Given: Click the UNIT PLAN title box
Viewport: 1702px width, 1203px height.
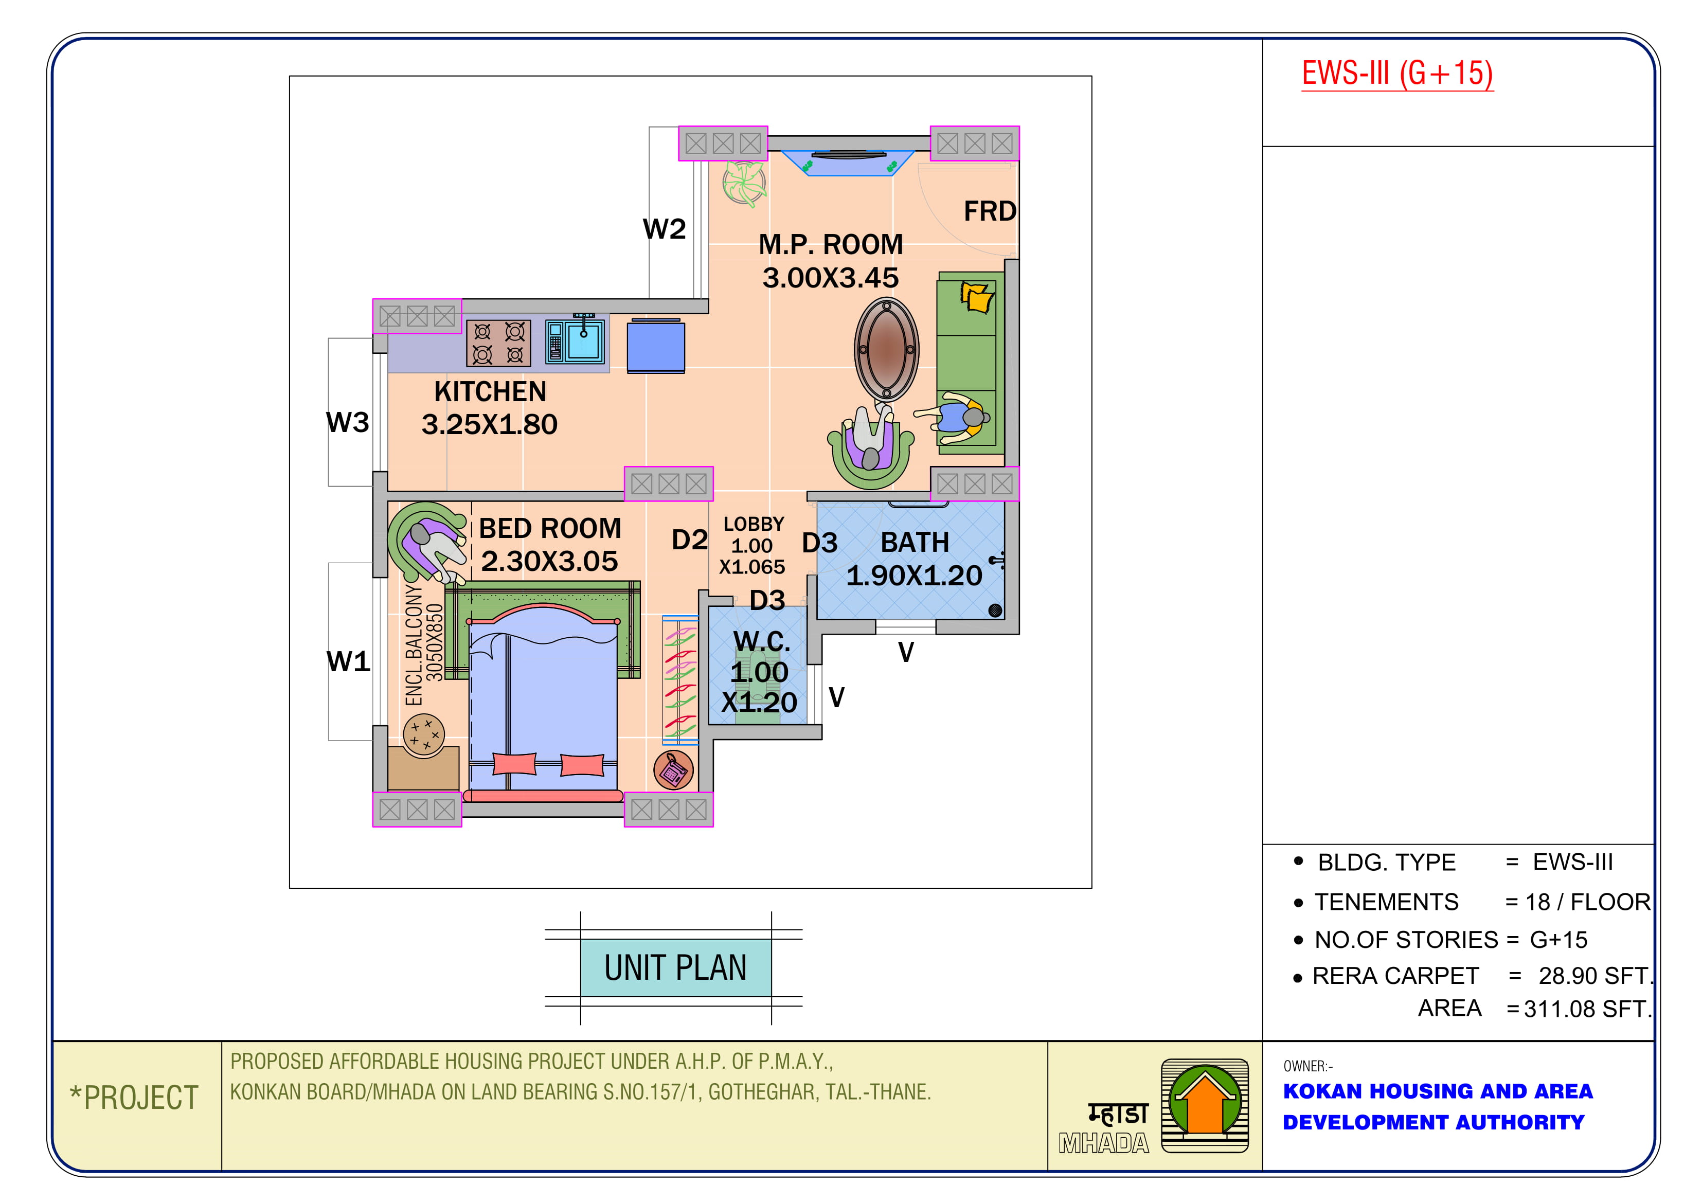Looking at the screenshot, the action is (675, 967).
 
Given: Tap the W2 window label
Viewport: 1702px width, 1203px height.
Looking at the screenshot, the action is (664, 229).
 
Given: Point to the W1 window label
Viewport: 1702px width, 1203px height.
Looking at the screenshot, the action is (348, 661).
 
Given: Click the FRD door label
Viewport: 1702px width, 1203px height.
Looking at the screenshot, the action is (990, 211).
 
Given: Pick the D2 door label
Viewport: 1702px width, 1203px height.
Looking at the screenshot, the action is (689, 540).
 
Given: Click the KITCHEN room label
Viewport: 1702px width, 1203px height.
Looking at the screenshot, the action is (490, 391).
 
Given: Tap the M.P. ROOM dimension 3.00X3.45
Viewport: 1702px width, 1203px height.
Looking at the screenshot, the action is (830, 278).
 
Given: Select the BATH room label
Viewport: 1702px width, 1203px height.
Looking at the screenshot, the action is (915, 543).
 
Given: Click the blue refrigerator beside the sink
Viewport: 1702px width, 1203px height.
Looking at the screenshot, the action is (656, 346).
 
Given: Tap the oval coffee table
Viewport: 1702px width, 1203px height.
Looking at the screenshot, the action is (887, 350).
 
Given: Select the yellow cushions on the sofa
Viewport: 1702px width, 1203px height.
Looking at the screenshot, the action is (977, 297).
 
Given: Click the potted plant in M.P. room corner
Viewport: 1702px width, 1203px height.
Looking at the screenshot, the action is (744, 182).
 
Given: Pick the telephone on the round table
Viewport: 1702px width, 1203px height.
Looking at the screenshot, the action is (674, 770).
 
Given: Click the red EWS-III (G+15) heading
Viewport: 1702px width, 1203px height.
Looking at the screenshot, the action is (1398, 74).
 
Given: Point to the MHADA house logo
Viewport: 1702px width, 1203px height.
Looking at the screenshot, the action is (1205, 1105).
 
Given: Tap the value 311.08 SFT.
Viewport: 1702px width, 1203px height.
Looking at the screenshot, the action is (1588, 1009).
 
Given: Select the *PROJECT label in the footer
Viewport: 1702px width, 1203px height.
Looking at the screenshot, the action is (134, 1098).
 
